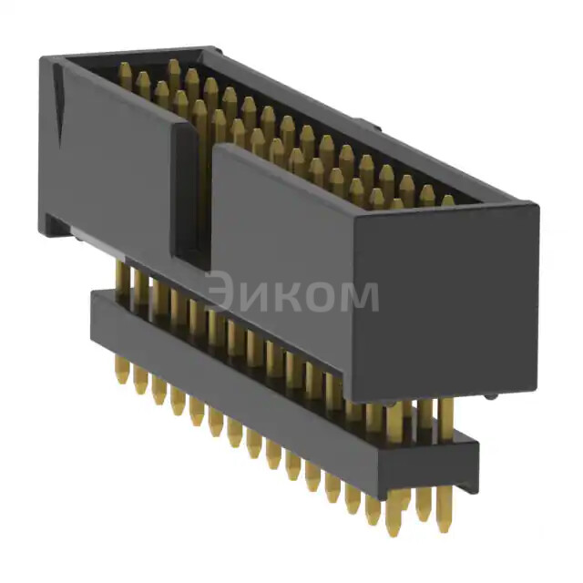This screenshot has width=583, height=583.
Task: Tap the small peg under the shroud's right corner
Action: (x=492, y=396)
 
